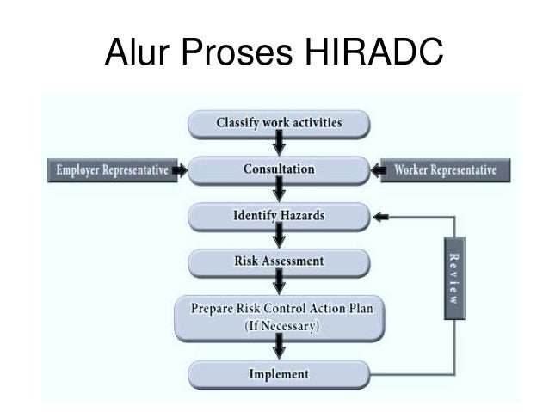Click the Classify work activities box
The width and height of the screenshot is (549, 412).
pyautogui.click(x=278, y=123)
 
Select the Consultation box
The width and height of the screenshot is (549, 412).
pyautogui.click(x=278, y=169)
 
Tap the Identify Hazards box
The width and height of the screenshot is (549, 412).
pyautogui.click(x=278, y=215)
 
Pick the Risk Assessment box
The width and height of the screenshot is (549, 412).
pyautogui.click(x=278, y=260)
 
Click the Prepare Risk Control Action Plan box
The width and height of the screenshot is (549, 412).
pyautogui.click(x=278, y=317)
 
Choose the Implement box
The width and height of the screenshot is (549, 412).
pyautogui.click(x=278, y=375)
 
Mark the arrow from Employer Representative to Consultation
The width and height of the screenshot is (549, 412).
pyautogui.click(x=178, y=169)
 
